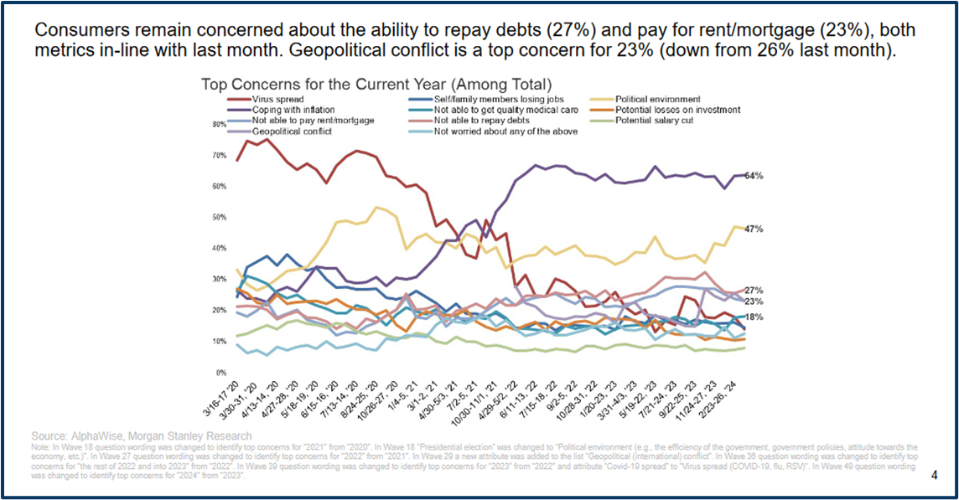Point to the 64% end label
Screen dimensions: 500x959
[753, 176]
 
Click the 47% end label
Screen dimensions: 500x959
[753, 228]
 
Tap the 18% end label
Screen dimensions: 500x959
[753, 317]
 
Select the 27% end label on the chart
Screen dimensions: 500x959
[753, 290]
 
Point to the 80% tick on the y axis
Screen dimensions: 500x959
[220, 125]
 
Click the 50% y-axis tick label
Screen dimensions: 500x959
[220, 218]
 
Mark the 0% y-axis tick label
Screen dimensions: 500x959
[221, 373]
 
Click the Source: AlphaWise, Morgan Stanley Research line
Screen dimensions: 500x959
[141, 436]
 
